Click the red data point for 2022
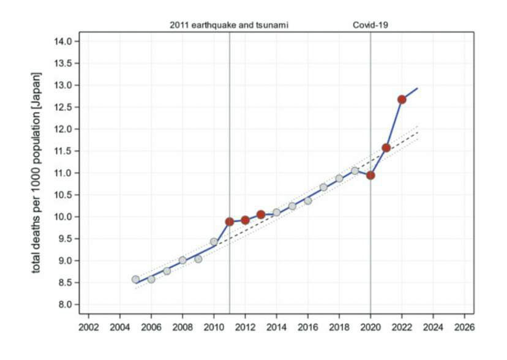pyautogui.click(x=402, y=99)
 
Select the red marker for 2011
pyautogui.click(x=230, y=222)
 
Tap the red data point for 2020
pyautogui.click(x=370, y=175)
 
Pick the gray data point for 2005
pyautogui.click(x=135, y=279)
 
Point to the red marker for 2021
pyautogui.click(x=386, y=148)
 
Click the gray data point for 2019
pyautogui.click(x=355, y=171)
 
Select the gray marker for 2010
pyautogui.click(x=214, y=242)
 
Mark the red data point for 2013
pyautogui.click(x=261, y=214)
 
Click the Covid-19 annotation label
pyautogui.click(x=370, y=25)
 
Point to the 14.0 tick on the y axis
pyautogui.click(x=63, y=41)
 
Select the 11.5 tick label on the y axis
pyautogui.click(x=63, y=151)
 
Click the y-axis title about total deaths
pyautogui.click(x=38, y=173)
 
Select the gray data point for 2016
pyautogui.click(x=307, y=200)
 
